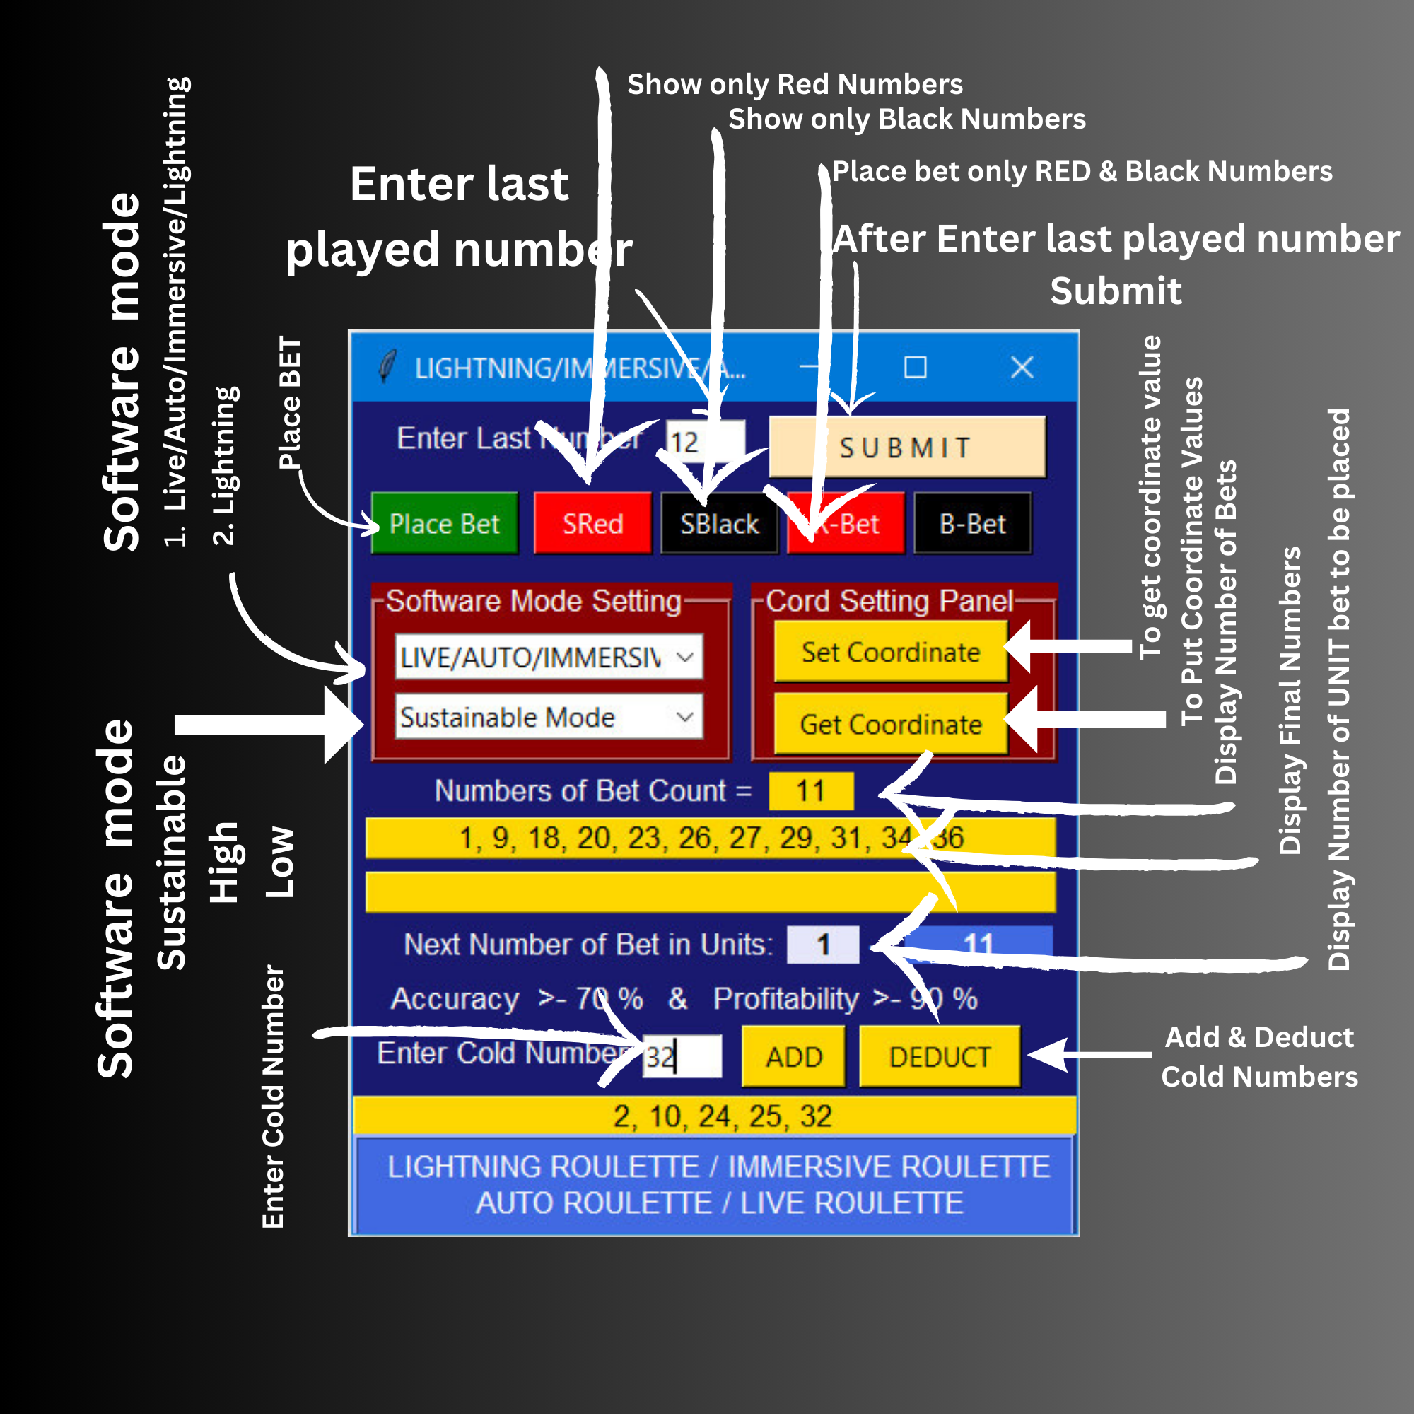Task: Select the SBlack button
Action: [x=719, y=523]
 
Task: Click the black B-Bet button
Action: [x=972, y=523]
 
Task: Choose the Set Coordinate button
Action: [x=890, y=651]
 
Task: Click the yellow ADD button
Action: [x=793, y=1056]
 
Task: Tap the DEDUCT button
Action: [x=939, y=1056]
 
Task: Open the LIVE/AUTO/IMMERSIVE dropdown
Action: [x=548, y=657]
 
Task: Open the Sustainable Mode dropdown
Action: [x=548, y=716]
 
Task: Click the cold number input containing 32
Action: [x=682, y=1056]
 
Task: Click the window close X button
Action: [x=1022, y=367]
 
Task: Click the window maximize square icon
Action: [x=915, y=367]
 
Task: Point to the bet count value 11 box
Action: [x=810, y=790]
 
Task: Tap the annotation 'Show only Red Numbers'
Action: [x=795, y=84]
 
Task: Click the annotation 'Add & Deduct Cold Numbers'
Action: [x=1259, y=1057]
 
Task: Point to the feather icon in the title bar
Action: [x=387, y=366]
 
